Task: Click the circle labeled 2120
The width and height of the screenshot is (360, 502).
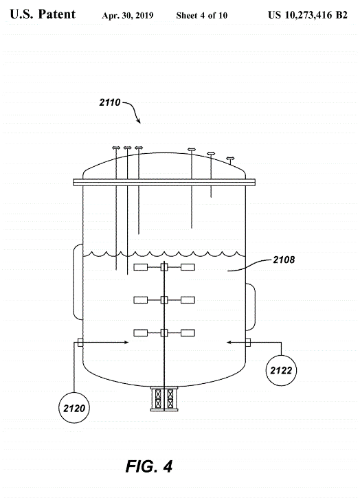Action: [74, 408]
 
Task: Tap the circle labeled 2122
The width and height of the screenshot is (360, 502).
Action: [281, 370]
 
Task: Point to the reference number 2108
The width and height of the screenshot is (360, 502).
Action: [284, 260]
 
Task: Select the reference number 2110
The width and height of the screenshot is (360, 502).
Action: [110, 102]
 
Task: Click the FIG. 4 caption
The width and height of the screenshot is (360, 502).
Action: [149, 466]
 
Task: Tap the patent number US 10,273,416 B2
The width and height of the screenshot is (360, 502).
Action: [308, 14]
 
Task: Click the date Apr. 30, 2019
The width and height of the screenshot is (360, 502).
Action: [128, 15]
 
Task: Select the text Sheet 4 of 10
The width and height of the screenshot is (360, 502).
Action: [202, 15]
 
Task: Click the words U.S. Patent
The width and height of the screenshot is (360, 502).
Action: [43, 14]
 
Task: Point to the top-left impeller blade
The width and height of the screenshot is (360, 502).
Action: [140, 266]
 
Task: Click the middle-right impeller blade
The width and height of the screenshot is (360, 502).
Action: [188, 300]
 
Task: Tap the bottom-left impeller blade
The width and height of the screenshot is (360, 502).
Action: [140, 333]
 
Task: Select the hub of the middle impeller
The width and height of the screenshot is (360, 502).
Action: [164, 300]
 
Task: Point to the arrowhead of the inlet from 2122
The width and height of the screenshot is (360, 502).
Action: [229, 342]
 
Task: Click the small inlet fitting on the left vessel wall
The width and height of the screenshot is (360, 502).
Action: [80, 343]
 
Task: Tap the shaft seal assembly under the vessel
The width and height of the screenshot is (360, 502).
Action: [164, 398]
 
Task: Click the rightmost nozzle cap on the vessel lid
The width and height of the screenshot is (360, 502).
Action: [230, 158]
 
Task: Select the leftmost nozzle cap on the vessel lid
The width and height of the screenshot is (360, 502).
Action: [115, 148]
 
